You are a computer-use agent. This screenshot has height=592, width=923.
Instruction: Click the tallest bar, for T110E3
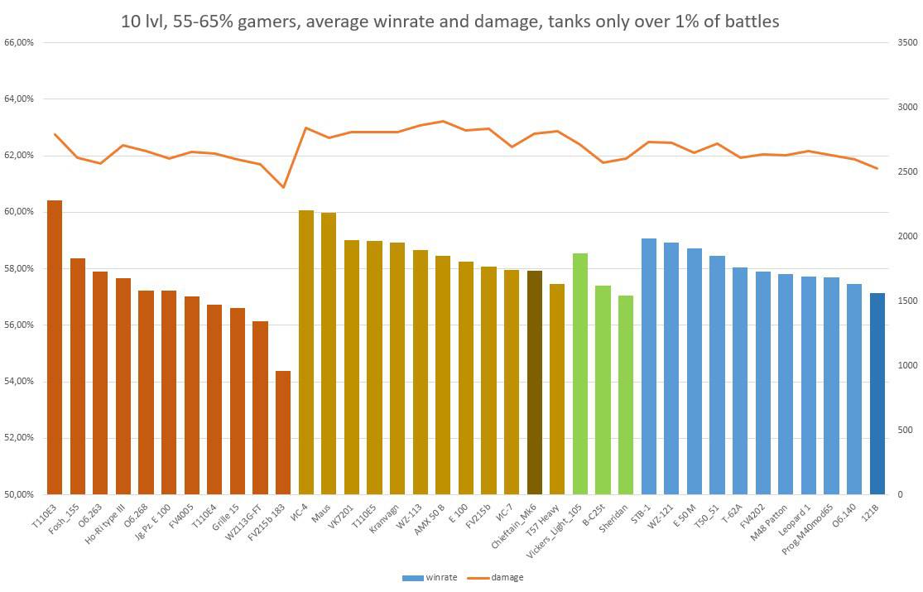(x=55, y=348)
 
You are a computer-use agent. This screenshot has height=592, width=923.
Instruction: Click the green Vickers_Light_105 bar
(x=580, y=373)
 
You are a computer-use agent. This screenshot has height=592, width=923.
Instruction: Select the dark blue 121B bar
(x=877, y=393)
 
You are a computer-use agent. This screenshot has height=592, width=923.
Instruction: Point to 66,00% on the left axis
(x=19, y=42)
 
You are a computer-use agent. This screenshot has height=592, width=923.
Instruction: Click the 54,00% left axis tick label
(x=19, y=382)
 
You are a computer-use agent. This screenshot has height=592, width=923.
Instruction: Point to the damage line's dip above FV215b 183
(x=283, y=187)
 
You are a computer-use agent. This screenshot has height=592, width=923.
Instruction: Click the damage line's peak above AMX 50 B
(x=443, y=121)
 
